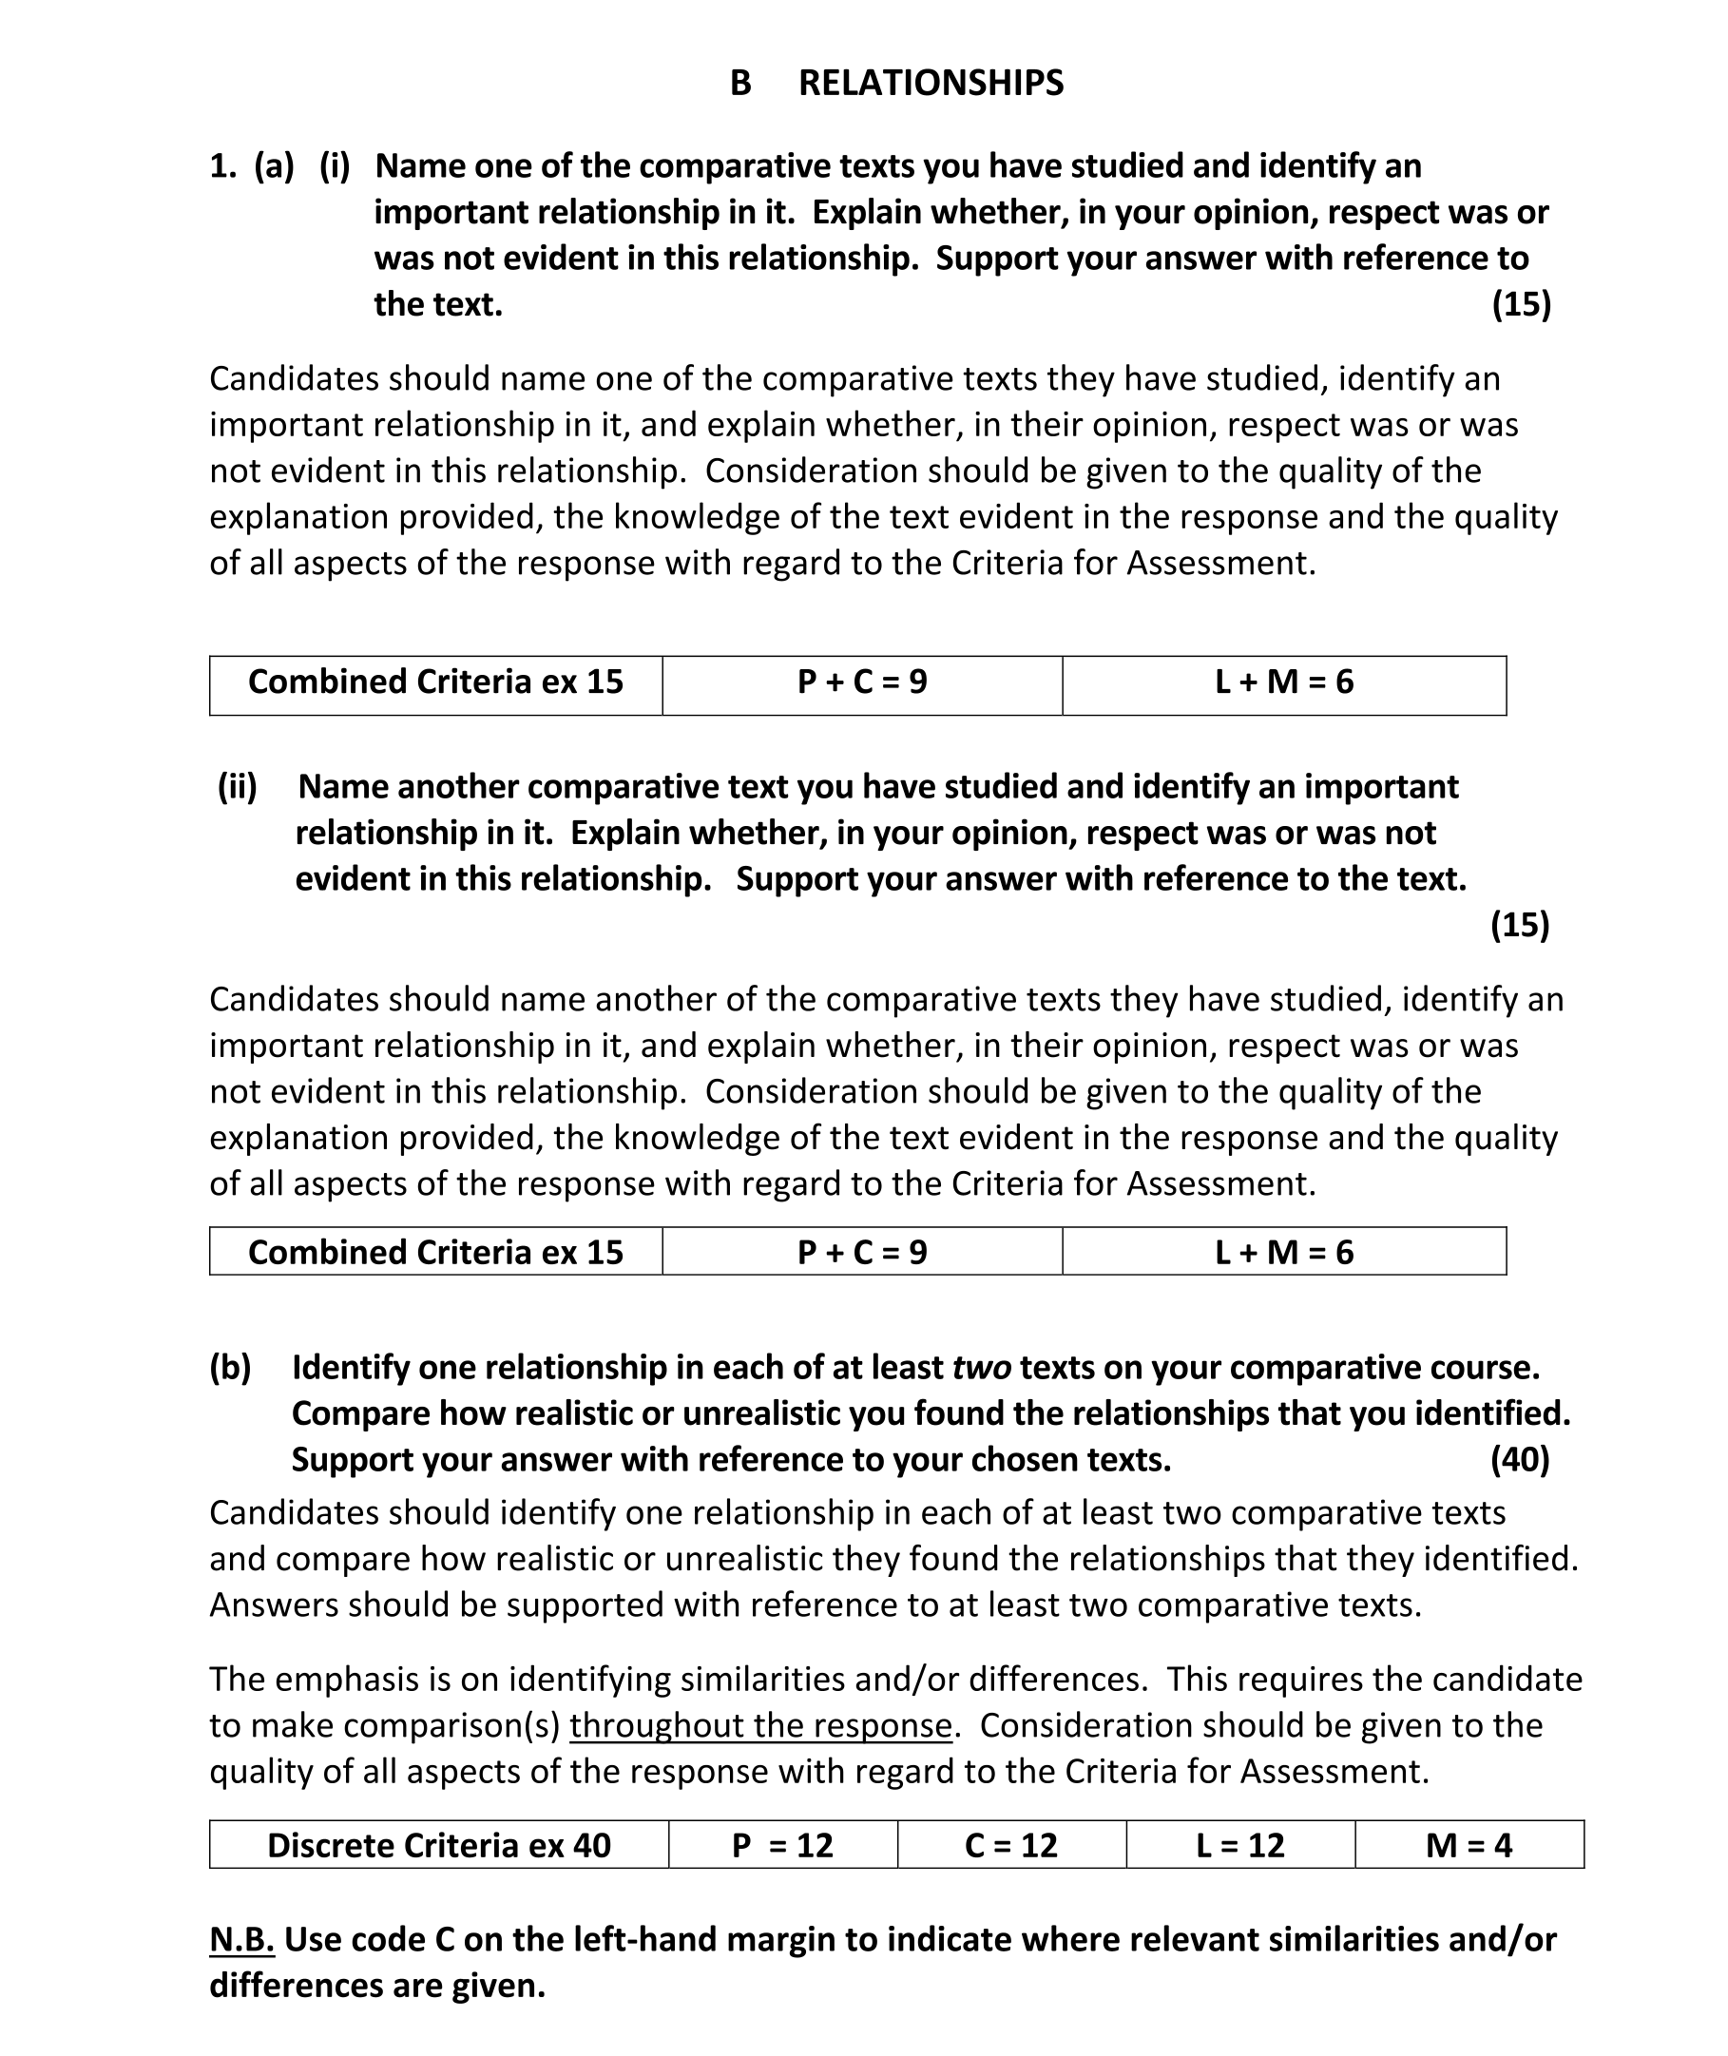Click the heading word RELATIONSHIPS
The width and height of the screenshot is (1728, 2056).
[x=931, y=84]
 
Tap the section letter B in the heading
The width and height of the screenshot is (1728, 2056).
[x=740, y=84]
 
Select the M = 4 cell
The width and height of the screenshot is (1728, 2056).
[x=1469, y=1845]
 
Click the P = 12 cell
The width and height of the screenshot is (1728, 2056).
[x=781, y=1845]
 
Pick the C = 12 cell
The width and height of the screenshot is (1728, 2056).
[x=1011, y=1845]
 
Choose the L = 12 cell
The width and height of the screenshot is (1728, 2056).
[x=1240, y=1845]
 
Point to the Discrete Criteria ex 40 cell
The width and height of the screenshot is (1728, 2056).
[x=439, y=1845]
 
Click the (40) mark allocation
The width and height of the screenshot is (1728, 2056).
[x=1519, y=1460]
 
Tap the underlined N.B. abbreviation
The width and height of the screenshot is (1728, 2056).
[x=242, y=1939]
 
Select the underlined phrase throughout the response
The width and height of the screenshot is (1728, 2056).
[x=760, y=1725]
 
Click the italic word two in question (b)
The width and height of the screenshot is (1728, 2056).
[x=982, y=1368]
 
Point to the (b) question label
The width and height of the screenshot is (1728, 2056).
[x=230, y=1368]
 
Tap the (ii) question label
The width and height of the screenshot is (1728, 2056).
[x=237, y=786]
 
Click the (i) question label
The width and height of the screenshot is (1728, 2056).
[x=335, y=166]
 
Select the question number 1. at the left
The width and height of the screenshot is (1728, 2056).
[x=223, y=166]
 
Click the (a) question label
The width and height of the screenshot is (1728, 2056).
[x=275, y=166]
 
